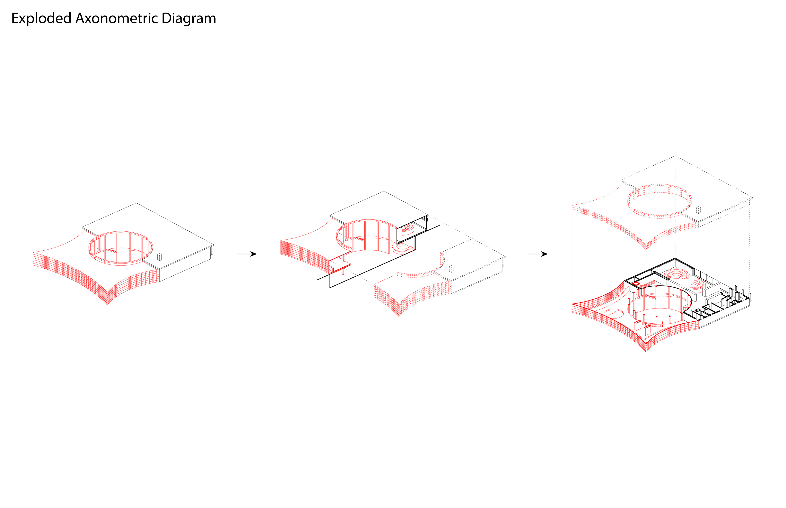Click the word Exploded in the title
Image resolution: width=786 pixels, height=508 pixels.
(41, 18)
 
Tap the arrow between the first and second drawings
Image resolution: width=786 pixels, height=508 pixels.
(247, 254)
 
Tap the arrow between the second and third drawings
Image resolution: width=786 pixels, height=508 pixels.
(538, 254)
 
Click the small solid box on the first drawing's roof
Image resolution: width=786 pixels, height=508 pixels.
(159, 257)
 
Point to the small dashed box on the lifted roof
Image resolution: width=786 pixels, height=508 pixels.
(698, 210)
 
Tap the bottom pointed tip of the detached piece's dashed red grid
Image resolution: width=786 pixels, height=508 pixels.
(399, 316)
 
